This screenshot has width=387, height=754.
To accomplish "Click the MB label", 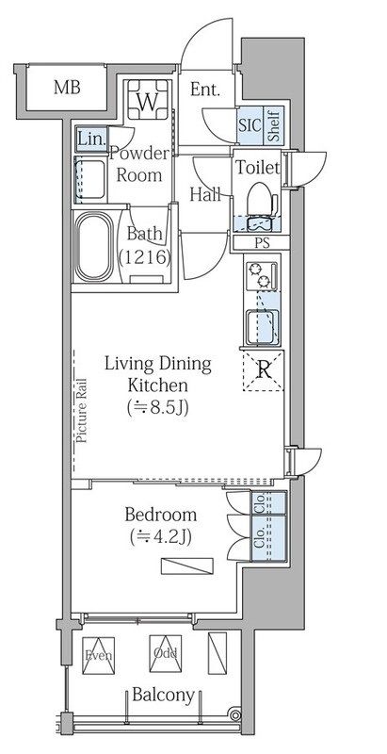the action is point(67,88).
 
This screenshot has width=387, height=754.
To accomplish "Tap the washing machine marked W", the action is point(148,100).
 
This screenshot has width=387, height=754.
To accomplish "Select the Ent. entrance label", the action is point(205,90).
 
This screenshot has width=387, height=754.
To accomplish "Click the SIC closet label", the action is point(250,124).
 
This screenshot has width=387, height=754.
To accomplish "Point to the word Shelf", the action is point(274,124).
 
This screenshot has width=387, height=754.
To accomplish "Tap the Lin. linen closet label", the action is point(91,139).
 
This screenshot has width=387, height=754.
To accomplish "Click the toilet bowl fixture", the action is point(261,200).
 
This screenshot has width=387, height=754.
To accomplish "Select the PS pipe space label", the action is point(262,243).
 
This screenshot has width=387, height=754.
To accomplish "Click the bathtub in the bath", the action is point(93,247).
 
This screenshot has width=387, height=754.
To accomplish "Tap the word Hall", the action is point(205,195).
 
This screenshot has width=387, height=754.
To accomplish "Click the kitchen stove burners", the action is point(262,276).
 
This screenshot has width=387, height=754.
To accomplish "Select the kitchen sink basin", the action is point(262,327).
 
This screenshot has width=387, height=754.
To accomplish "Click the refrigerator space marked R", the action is point(263,369).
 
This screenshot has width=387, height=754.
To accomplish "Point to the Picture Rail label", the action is point(81,410).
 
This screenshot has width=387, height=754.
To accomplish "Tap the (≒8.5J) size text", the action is point(157,407).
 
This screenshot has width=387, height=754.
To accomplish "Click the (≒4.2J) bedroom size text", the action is point(161,537).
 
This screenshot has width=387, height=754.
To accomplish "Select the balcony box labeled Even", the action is point(99,655).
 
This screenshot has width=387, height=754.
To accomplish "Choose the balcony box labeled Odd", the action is point(166,653).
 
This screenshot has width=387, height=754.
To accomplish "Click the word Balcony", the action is point(163,695).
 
